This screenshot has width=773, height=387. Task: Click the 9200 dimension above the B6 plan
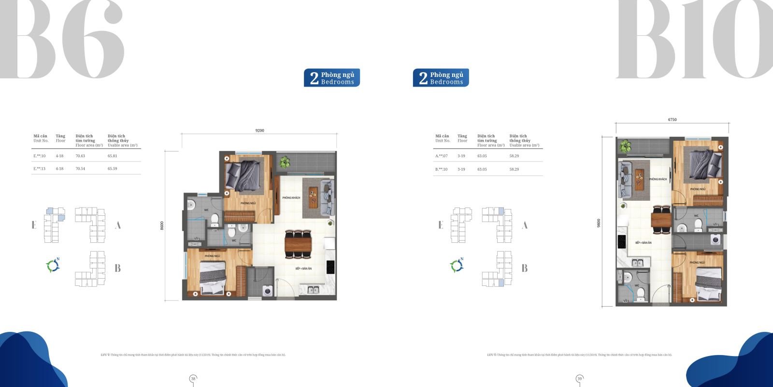coord(259,131)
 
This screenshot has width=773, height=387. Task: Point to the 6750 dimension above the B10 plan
coord(672,119)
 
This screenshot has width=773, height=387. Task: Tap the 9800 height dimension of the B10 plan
coord(599,223)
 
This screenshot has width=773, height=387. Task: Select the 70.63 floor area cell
coord(80,156)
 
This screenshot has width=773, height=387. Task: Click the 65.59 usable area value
coord(112,169)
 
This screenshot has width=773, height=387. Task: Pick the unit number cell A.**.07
coord(442,156)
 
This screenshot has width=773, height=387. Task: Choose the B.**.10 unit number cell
coord(442,169)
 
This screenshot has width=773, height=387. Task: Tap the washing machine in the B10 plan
coord(716,239)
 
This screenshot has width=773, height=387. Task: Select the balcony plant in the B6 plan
coord(285,161)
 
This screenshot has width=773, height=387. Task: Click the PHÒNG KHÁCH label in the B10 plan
coord(658,179)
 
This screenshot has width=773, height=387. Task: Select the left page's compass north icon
coord(53,265)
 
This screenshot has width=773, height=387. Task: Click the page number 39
coord(579,378)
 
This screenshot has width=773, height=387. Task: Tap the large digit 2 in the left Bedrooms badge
coord(314,78)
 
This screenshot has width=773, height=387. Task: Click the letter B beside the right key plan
coord(525,268)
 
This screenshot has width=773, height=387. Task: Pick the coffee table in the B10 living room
coord(640,179)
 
